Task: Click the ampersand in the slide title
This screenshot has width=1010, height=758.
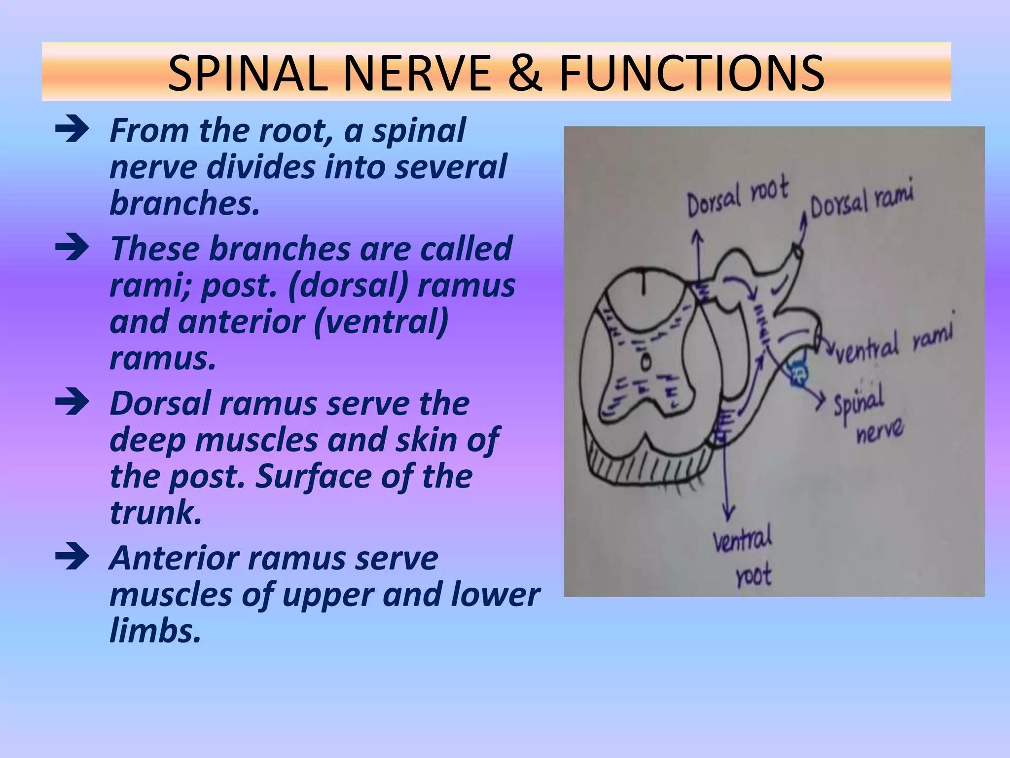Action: [525, 74]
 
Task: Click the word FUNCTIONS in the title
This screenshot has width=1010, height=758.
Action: [691, 74]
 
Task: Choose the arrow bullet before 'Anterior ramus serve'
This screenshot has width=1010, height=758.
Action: [72, 558]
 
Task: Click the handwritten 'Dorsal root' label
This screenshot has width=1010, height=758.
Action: [737, 197]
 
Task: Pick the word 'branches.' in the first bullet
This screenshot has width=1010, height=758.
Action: [184, 203]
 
